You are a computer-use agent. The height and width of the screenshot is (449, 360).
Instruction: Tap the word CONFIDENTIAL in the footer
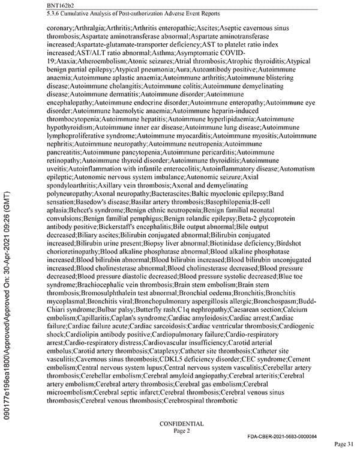pyautogui.click(x=181, y=424)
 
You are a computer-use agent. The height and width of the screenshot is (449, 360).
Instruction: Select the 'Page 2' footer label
pyautogui.click(x=181, y=431)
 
